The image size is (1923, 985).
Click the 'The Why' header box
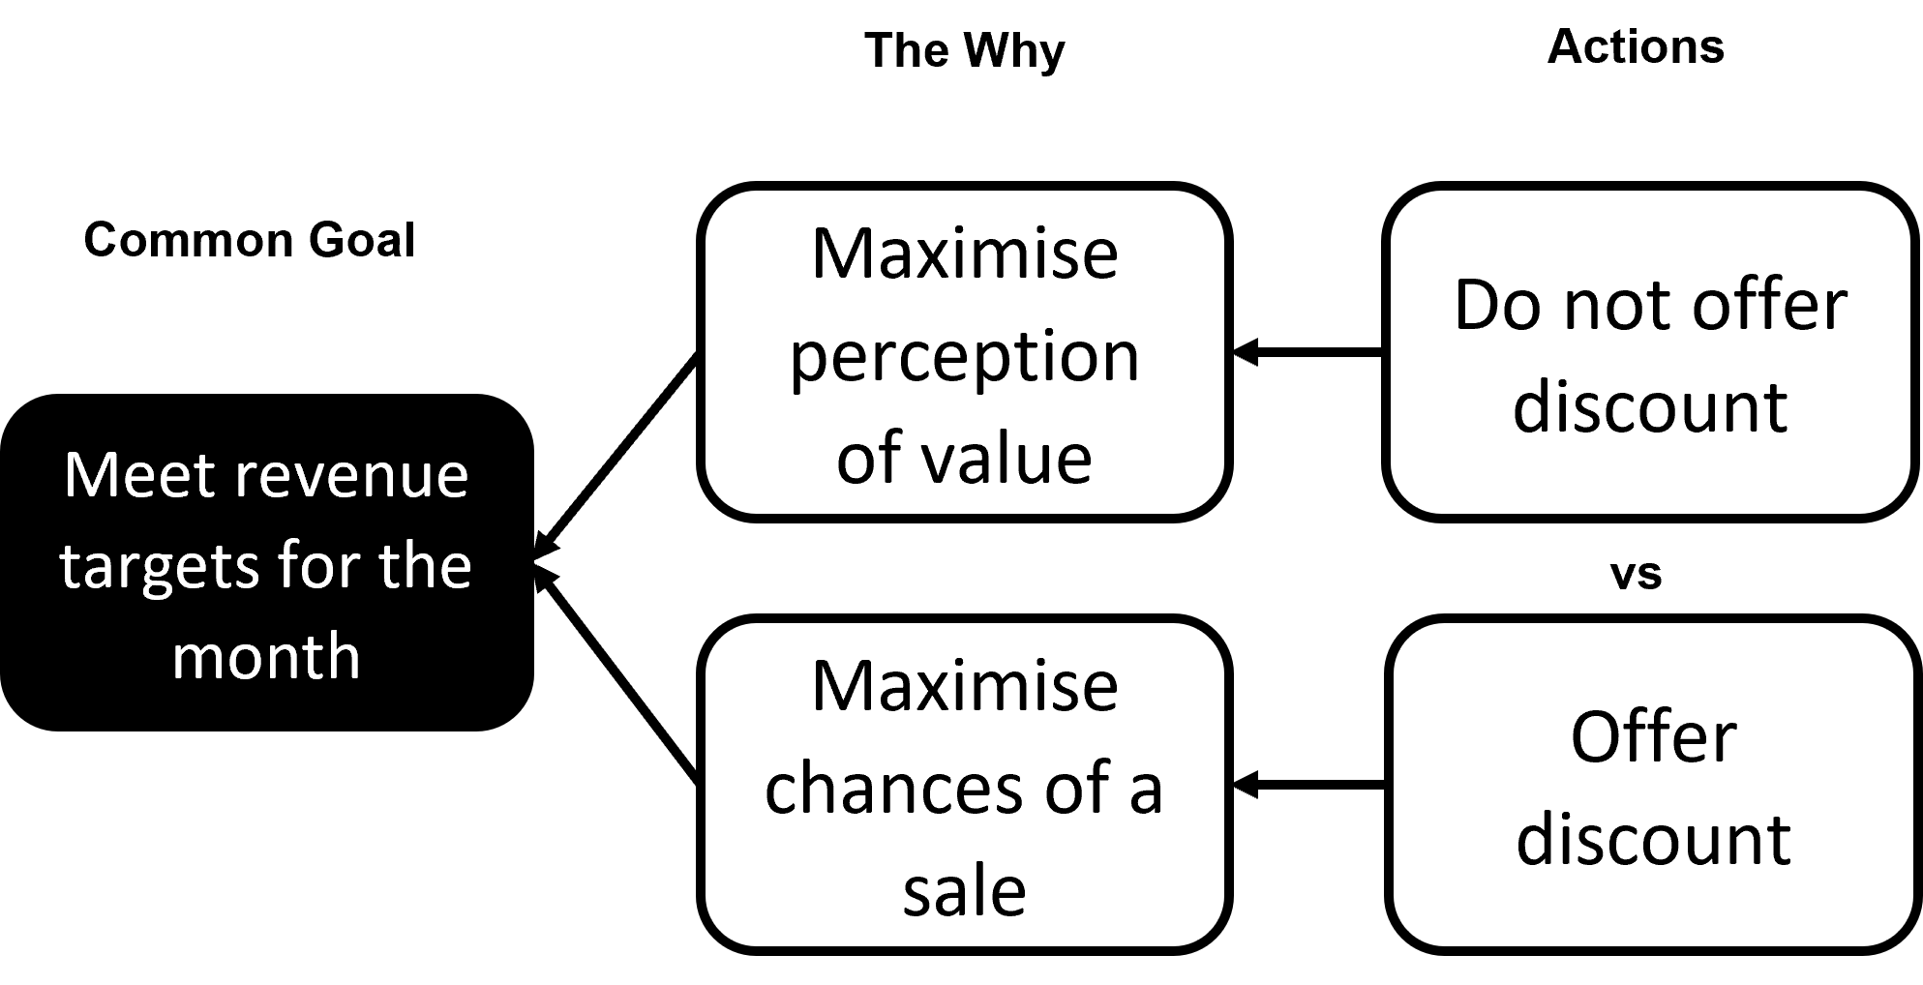(x=964, y=64)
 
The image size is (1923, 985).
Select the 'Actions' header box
(x=1636, y=61)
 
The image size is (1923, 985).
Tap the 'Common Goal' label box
(x=249, y=254)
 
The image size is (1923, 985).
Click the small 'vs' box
(x=1636, y=569)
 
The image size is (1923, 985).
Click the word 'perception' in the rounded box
(x=964, y=358)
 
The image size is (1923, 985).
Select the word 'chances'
(x=893, y=789)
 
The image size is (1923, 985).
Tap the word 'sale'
(x=964, y=890)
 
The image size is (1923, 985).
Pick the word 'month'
(x=266, y=656)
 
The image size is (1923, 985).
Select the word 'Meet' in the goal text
(x=140, y=476)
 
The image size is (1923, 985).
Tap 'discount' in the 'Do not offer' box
(x=1650, y=406)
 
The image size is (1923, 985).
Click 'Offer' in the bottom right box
(x=1653, y=737)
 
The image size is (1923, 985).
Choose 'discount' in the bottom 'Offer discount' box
(x=1653, y=838)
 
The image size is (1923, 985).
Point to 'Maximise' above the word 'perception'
(x=964, y=254)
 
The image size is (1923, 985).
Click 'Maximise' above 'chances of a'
(x=964, y=687)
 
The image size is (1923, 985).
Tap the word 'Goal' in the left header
(x=362, y=240)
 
